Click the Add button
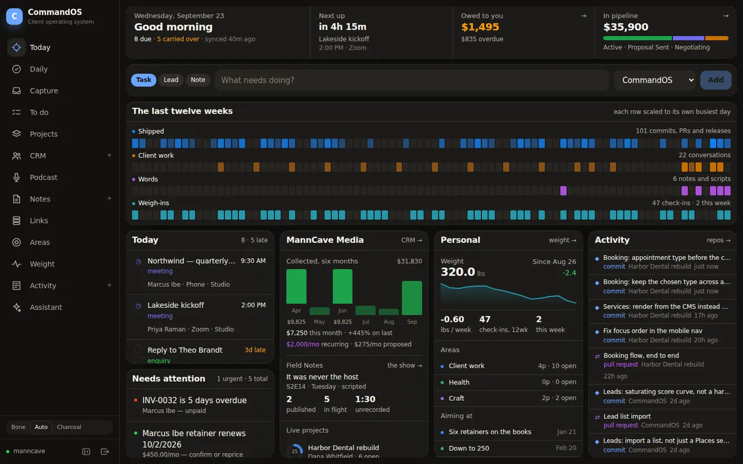(x=716, y=80)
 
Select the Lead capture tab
(x=171, y=80)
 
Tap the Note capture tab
(x=198, y=80)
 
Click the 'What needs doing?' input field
(x=412, y=80)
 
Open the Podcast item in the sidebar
(x=43, y=177)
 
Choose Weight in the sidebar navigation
(x=42, y=264)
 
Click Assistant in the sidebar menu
(x=46, y=307)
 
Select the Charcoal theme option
(x=69, y=427)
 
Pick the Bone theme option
(x=18, y=427)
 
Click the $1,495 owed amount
(x=480, y=27)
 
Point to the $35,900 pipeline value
(x=626, y=27)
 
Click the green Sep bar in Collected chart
(x=412, y=298)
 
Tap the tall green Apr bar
(x=296, y=287)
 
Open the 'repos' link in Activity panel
(x=719, y=240)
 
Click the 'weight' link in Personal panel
(x=562, y=240)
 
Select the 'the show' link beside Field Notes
(x=405, y=365)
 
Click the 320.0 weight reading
(x=458, y=272)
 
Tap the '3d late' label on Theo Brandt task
(x=255, y=350)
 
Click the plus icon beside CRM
(x=109, y=155)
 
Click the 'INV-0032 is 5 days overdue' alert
(x=194, y=400)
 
